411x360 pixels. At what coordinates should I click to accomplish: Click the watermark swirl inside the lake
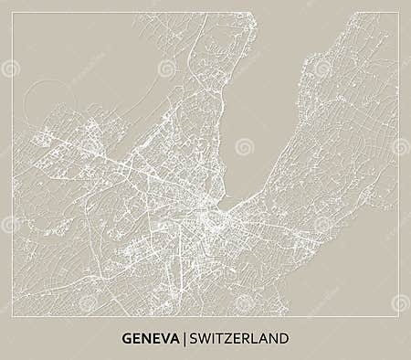point(243,147)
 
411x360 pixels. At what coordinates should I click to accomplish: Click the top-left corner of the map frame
point(13,13)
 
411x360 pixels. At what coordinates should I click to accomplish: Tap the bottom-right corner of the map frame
point(398,316)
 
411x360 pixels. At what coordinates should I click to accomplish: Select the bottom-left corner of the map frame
point(13,316)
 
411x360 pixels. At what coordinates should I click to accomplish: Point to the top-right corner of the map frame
point(398,13)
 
